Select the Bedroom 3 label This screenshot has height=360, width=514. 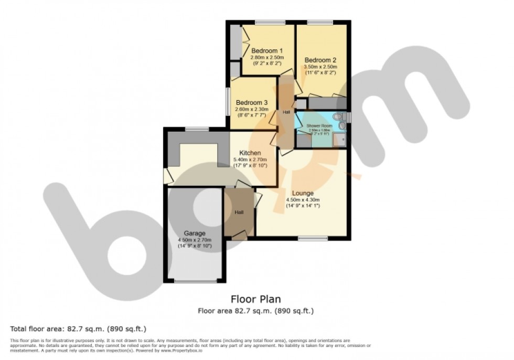tap(251, 102)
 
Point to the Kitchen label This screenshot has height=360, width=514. tap(250, 153)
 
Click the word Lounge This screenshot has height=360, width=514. tap(303, 193)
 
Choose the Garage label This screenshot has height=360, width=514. tap(194, 233)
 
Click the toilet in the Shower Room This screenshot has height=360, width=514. tap(337, 117)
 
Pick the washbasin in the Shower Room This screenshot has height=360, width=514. tap(342, 126)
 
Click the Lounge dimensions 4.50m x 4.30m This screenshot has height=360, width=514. tap(303, 200)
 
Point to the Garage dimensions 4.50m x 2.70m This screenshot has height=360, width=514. tap(194, 240)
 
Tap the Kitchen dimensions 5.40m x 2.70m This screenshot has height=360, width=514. tap(250, 160)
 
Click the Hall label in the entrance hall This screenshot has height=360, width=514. tap(239, 212)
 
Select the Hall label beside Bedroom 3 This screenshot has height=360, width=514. tap(286, 112)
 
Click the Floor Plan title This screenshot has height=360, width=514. tap(255, 300)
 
